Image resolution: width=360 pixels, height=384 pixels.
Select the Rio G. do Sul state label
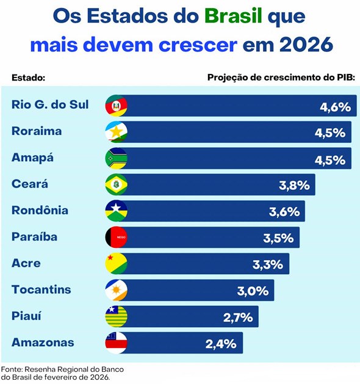(x=50, y=105)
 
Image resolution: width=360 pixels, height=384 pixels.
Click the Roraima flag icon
(x=116, y=132)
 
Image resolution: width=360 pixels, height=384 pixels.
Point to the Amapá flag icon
(x=116, y=158)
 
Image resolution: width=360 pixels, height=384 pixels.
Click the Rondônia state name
(x=40, y=211)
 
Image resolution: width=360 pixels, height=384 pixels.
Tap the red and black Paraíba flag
(x=116, y=237)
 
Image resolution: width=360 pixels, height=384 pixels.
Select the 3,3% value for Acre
(x=268, y=264)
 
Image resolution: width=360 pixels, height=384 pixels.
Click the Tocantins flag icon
(x=116, y=291)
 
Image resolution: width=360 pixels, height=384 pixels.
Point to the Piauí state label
(x=27, y=316)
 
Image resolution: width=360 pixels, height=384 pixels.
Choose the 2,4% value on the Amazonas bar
(x=221, y=344)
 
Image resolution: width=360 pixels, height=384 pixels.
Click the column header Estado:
(x=29, y=78)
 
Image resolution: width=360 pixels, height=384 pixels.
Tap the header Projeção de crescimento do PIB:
(x=281, y=78)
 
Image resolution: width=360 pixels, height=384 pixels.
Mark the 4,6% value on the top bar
(x=336, y=107)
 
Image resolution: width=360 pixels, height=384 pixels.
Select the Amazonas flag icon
(x=116, y=343)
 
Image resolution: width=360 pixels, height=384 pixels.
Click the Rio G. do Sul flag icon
(x=116, y=106)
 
